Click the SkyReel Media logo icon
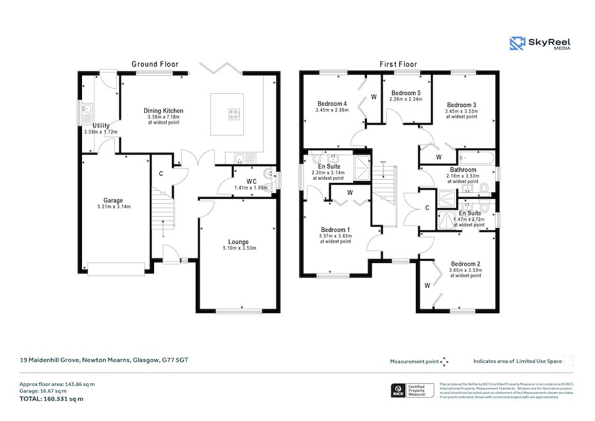(518, 44)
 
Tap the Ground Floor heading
(155, 64)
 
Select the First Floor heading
(398, 64)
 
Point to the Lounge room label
(239, 242)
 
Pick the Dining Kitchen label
(163, 111)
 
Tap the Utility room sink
(88, 110)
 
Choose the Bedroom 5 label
(405, 93)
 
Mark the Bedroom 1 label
(335, 229)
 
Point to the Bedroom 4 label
(332, 104)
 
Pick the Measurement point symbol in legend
(445, 362)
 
